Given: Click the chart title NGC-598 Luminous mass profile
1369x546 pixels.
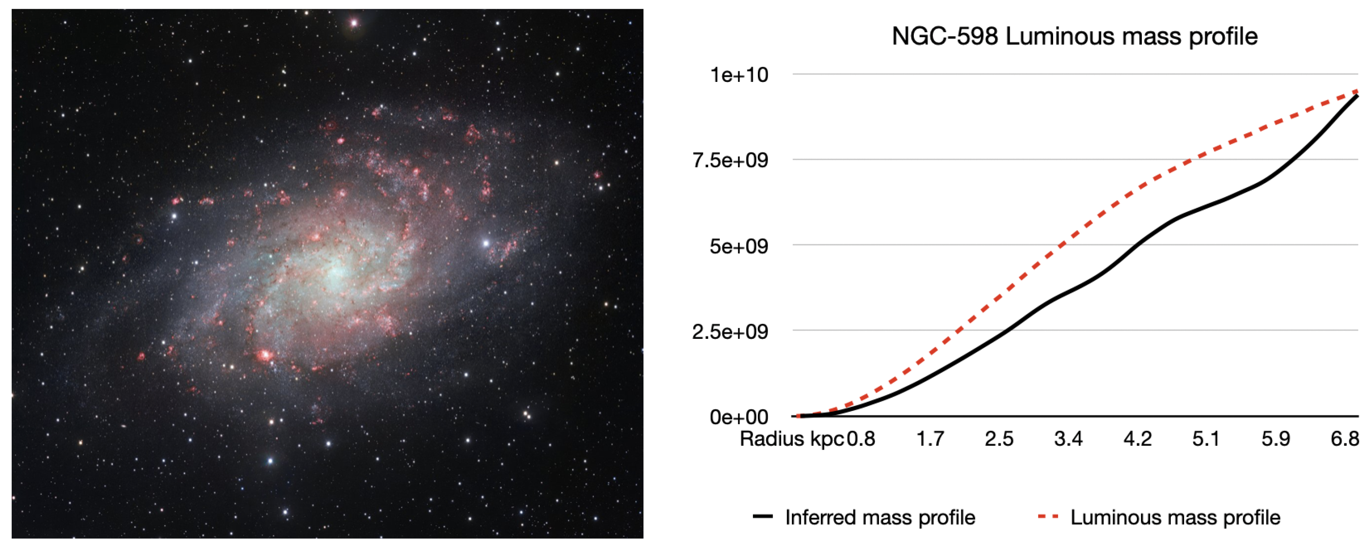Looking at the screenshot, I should [x=1074, y=37].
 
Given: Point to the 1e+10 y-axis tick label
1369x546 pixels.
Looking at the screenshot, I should [x=739, y=75].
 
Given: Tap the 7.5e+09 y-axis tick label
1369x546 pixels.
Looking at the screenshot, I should [x=730, y=160].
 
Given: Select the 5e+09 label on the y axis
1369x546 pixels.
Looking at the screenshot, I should [x=739, y=246].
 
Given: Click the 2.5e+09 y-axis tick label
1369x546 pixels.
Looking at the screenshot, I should [x=730, y=332].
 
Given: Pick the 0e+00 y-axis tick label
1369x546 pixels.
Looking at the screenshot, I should [x=739, y=417].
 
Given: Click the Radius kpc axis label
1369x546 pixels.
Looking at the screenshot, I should [x=792, y=439].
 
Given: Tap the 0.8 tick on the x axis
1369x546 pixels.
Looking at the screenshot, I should [x=861, y=439].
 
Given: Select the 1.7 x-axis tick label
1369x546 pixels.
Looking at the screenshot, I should [x=930, y=439].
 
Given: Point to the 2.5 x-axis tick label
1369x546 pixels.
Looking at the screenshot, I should [x=999, y=439].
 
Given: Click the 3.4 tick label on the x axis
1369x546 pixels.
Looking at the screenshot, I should [x=1068, y=439].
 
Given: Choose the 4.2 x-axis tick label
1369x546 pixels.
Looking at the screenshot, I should [x=1137, y=439].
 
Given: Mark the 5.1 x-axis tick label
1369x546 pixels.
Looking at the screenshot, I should [x=1206, y=439].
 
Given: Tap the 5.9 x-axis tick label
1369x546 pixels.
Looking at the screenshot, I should [x=1275, y=439].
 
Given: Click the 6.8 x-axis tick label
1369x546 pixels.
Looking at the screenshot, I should [x=1344, y=439].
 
